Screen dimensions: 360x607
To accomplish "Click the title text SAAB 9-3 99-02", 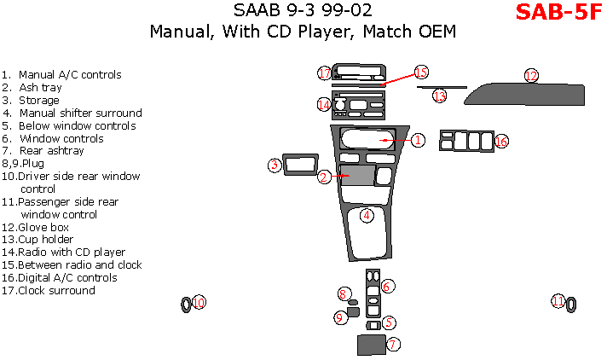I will coord(303,11).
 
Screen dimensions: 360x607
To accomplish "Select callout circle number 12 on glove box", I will coord(531,76).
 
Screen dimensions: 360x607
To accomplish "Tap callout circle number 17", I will coord(325,73).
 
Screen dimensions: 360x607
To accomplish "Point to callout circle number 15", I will coord(421,73).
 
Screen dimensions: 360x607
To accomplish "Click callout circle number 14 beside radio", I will coord(324,104).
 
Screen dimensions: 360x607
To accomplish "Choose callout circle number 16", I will coord(501,141).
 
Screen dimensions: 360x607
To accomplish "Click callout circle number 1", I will coord(418,139).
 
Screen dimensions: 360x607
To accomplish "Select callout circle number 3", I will coord(275,165).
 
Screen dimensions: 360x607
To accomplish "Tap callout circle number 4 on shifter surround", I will coord(366,215).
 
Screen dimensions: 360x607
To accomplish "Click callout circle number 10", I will coord(199,302).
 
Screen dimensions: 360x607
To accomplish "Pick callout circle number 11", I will coord(558,301).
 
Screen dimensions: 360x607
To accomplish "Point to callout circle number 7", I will coord(393,345).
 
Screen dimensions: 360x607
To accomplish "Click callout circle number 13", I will coord(439,96).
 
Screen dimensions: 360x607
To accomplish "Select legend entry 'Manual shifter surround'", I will coord(80,113).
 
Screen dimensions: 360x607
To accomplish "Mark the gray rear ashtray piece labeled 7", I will coord(370,345).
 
